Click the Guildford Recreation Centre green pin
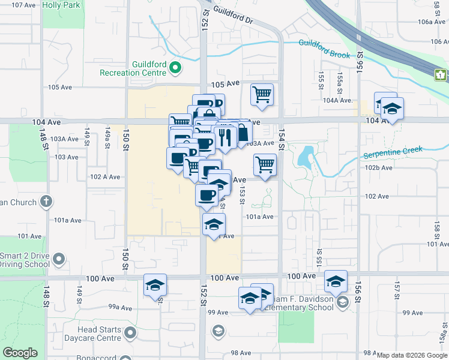pos(175,68)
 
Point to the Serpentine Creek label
pos(393,152)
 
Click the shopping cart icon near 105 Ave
pos(262,94)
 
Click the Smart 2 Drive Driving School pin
pos(58,259)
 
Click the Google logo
pos(20,353)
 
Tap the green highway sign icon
pos(441,75)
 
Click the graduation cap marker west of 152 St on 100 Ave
pos(155,285)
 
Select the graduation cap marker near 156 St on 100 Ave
pos(336,280)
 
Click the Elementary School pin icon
pos(342,301)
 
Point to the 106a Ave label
pos(433,22)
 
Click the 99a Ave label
pos(120,307)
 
